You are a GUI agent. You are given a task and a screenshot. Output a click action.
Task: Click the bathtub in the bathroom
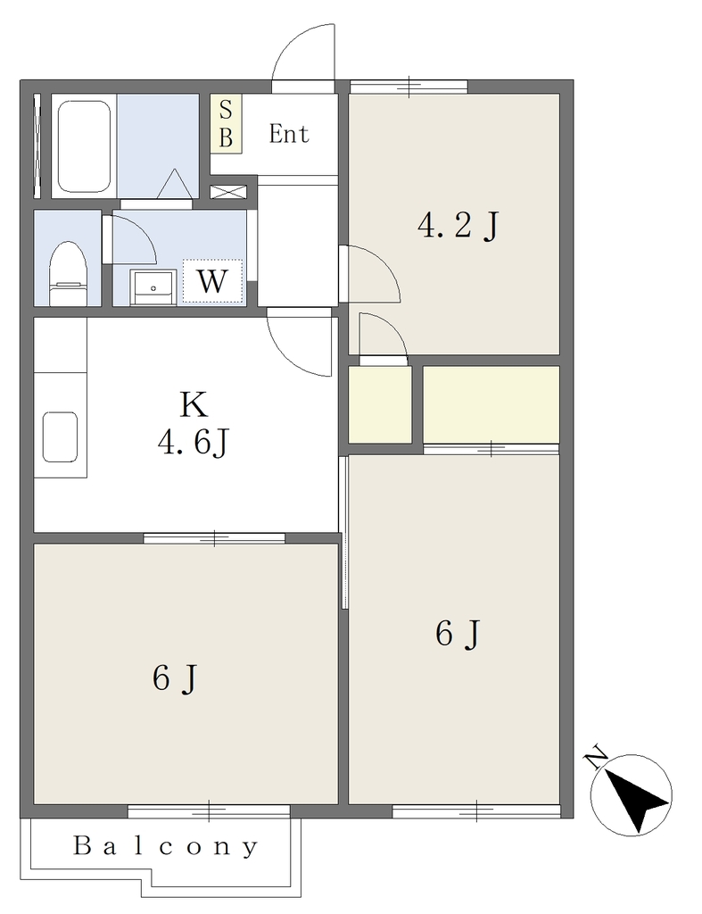[84, 146]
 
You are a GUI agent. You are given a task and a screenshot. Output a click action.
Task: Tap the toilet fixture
[68, 273]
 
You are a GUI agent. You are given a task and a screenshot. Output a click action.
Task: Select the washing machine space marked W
[212, 281]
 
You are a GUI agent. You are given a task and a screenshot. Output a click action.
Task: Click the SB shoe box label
[226, 124]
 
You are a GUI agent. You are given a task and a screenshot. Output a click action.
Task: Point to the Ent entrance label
[289, 134]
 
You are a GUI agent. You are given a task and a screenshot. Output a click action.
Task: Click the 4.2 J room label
[458, 225]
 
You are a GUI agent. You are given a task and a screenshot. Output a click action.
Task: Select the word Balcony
[165, 846]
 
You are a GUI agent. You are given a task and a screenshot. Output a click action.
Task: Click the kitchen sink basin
[60, 437]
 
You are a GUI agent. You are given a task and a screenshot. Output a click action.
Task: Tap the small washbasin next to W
[153, 287]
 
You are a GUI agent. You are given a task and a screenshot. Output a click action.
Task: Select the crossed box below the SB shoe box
[228, 192]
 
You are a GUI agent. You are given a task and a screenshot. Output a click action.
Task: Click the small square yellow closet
[380, 404]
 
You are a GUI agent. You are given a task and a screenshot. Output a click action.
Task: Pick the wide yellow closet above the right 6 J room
[491, 404]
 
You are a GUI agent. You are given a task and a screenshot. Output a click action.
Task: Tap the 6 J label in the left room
[176, 678]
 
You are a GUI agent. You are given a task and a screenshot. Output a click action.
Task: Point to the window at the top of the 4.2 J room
[409, 87]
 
